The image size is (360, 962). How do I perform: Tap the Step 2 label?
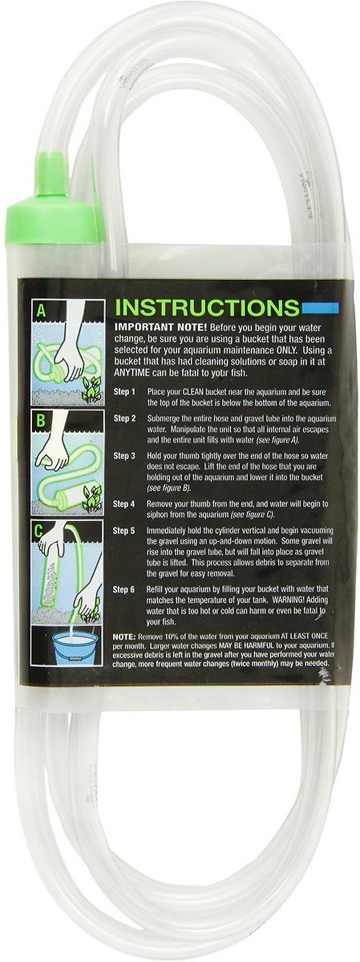coord(125,419)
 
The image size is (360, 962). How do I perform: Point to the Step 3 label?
coord(125,455)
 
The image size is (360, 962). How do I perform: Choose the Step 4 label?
coord(125,503)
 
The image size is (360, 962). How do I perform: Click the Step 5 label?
coord(125,531)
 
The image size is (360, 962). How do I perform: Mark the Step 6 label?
coord(125,588)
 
